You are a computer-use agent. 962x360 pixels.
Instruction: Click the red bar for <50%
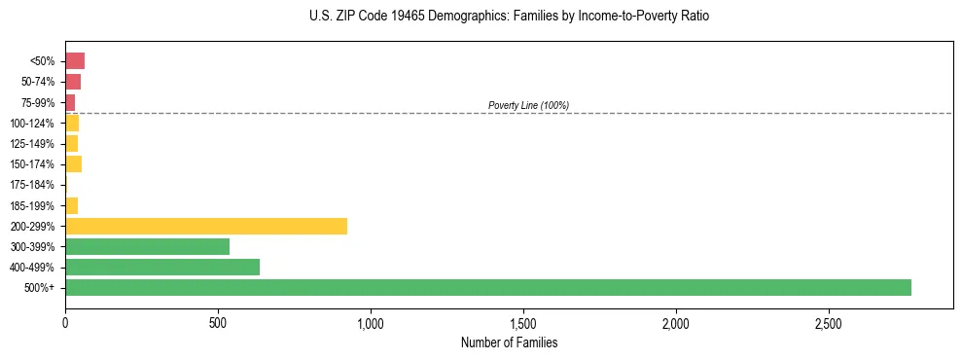pos(75,61)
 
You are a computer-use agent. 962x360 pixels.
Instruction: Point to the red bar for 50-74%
pos(73,82)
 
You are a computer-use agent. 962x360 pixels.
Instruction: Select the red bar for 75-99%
pos(70,102)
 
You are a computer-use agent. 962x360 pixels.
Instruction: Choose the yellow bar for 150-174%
pos(73,164)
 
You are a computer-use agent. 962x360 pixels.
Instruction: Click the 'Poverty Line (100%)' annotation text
pos(528,105)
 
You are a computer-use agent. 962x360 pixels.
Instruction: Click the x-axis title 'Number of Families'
pos(510,342)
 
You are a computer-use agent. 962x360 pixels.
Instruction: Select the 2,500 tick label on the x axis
pos(829,322)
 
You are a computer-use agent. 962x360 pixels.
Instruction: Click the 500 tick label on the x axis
pos(218,322)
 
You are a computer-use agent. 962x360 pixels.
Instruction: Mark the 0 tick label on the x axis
pos(65,322)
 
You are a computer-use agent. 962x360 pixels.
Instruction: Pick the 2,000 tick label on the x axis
pos(676,322)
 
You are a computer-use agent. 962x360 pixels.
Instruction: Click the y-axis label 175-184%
pos(32,185)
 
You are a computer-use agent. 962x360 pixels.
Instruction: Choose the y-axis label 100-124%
pos(32,124)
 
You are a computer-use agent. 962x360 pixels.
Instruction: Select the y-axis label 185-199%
pos(32,205)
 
